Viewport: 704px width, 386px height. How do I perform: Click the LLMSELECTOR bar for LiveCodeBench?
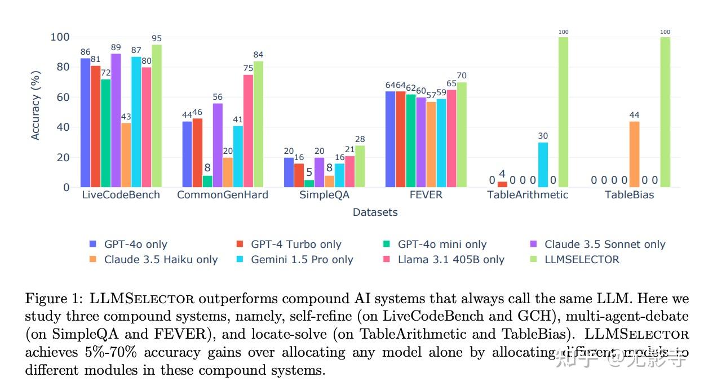(x=157, y=116)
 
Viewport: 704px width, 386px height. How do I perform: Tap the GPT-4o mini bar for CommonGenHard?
(x=207, y=181)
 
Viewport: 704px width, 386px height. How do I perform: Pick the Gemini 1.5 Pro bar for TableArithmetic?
(x=543, y=165)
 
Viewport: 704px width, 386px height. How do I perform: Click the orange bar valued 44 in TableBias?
(x=634, y=154)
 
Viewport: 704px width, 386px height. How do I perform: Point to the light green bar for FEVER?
(x=462, y=135)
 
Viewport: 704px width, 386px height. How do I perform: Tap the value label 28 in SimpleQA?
(x=360, y=140)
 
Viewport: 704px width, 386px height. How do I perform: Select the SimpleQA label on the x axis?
(x=324, y=195)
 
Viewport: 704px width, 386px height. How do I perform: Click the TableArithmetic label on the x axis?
(x=528, y=195)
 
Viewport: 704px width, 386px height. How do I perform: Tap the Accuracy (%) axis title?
(x=36, y=105)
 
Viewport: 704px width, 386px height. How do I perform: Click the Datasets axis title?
(x=375, y=212)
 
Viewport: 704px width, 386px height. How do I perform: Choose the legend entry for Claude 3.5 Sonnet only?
(x=604, y=245)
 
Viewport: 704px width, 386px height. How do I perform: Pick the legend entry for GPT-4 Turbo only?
(x=296, y=245)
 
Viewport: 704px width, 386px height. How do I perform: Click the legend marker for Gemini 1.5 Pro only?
(x=239, y=260)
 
